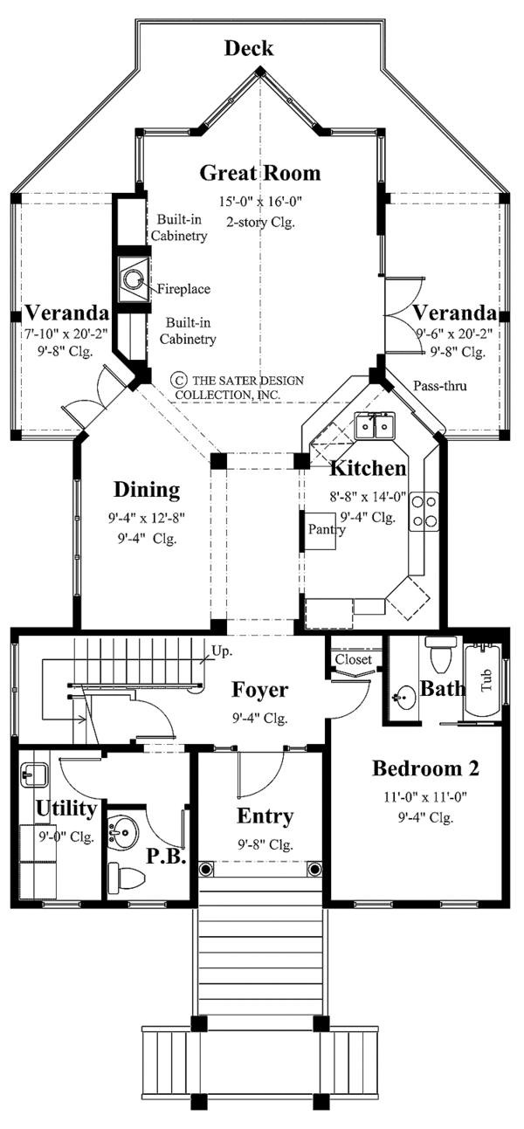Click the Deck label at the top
(249, 48)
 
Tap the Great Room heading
(260, 173)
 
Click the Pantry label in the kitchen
(323, 529)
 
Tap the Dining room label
(147, 490)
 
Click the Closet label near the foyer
(353, 660)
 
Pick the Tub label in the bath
(486, 679)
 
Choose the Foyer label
(259, 691)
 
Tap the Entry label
(265, 816)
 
